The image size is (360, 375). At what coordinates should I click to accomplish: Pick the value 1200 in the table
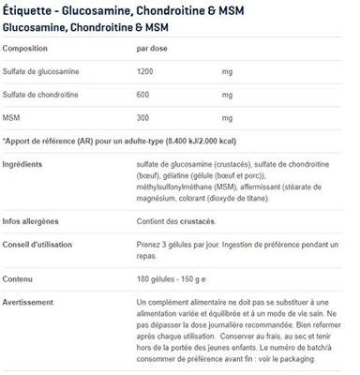[x=146, y=71]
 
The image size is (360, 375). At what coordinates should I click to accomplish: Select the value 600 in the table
[x=143, y=96]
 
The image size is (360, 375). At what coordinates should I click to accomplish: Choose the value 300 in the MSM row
[x=143, y=120]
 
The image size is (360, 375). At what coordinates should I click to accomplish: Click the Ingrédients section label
[x=23, y=164]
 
